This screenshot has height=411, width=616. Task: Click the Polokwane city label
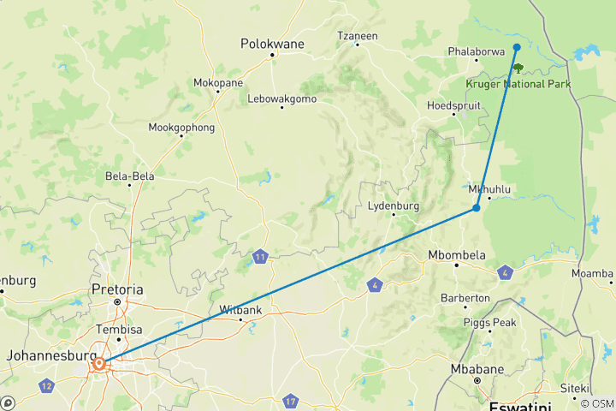pos(272,43)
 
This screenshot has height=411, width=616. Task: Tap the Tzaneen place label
pos(358,36)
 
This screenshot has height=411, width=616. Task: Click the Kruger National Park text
pos(518,84)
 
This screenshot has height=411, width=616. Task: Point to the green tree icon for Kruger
pos(518,68)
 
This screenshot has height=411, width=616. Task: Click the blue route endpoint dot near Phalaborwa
pos(517,48)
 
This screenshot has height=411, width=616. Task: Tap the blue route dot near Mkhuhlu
pos(476,208)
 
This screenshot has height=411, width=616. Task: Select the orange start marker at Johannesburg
pos(100,364)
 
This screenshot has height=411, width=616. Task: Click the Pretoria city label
pos(118,289)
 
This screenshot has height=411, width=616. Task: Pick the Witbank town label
pos(240,309)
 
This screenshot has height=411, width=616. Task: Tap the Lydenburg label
pos(393,206)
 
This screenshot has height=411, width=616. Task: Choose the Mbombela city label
pos(457,255)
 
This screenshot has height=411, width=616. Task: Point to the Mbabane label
pos(477,369)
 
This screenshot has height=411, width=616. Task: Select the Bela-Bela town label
pos(129,176)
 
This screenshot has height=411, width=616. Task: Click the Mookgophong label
pos(181,128)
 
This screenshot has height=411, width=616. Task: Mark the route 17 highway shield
pos(291,401)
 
